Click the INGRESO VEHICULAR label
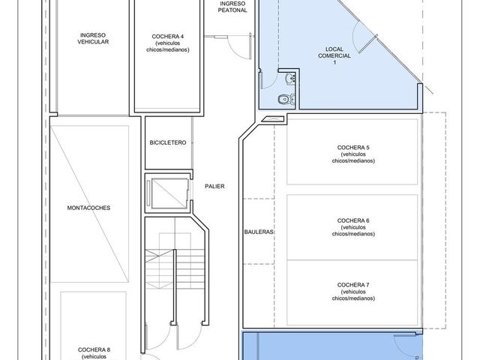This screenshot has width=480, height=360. click(93, 38)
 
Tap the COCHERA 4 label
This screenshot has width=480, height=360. click(168, 43)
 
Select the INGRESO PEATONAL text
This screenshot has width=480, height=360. click(232, 7)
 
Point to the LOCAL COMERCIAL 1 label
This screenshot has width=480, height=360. click(334, 55)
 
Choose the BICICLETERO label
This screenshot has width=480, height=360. click(168, 142)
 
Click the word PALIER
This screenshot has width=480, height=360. click(214, 186)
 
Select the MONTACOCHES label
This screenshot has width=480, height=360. click(88, 208)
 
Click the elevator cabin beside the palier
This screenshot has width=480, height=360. click(170, 193)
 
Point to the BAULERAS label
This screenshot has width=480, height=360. click(259, 232)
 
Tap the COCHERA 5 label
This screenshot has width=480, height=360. click(353, 154)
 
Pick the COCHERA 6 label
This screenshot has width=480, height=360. click(353, 227)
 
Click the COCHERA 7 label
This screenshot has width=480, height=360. click(353, 292)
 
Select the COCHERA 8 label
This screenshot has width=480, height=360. click(94, 353)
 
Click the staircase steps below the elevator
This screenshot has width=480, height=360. click(175, 268)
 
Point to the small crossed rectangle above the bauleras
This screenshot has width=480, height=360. click(273, 118)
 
